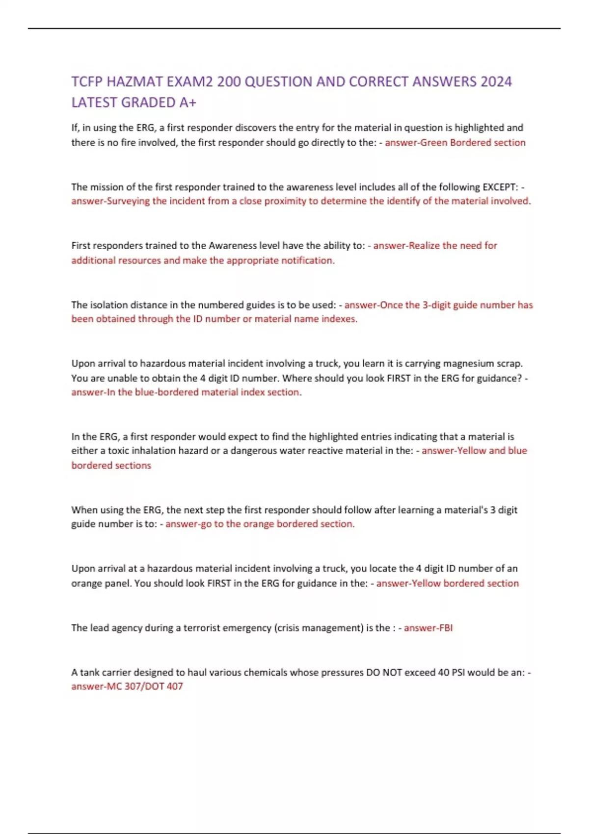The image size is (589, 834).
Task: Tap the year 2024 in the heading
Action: (x=496, y=81)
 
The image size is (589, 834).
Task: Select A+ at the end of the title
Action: (x=187, y=103)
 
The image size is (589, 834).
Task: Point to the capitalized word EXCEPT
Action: (x=500, y=187)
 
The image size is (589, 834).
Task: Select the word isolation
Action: (x=107, y=305)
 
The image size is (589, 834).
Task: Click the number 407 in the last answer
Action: (x=174, y=686)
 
